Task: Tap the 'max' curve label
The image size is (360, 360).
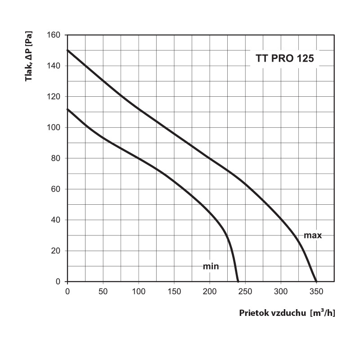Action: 313,235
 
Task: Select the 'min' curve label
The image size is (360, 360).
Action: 211,266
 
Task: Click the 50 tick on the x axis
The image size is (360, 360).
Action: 103,291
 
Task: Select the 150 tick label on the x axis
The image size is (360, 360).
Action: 174,291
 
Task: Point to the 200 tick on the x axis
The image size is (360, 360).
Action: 210,291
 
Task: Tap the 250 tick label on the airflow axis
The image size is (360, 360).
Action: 245,291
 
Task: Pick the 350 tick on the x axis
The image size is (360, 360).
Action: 316,291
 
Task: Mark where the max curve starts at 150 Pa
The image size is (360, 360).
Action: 67,50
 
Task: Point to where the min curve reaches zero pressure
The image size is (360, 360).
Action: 238,281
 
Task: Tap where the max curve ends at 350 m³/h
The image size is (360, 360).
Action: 316,281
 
